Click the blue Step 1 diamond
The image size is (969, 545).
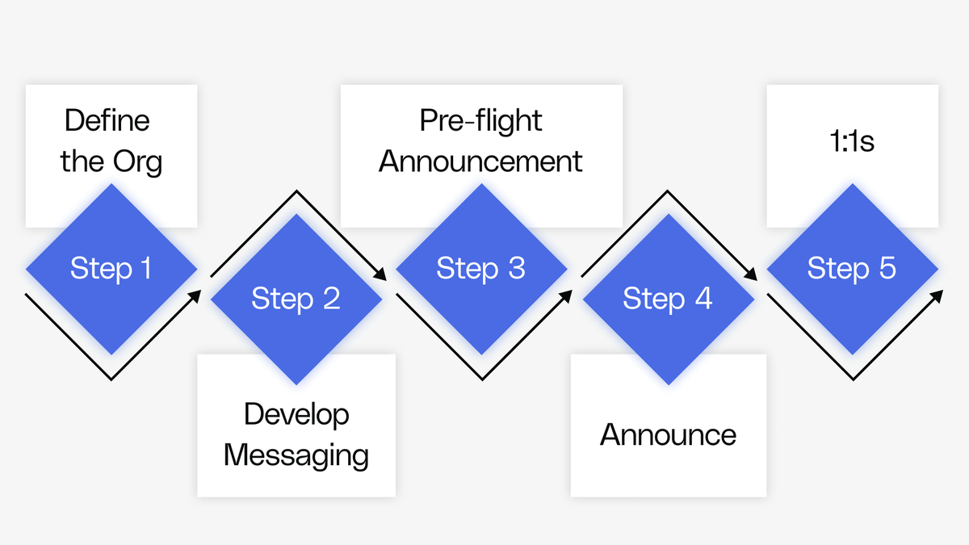pyautogui.click(x=111, y=269)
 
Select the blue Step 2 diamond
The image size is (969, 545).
pyautogui.click(x=296, y=300)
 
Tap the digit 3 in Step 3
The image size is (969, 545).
pyautogui.click(x=516, y=269)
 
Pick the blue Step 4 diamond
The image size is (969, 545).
pyautogui.click(x=668, y=300)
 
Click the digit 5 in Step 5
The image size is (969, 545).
pyautogui.click(x=887, y=269)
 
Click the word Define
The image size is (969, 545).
pyautogui.click(x=107, y=121)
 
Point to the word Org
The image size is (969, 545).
pyautogui.click(x=137, y=162)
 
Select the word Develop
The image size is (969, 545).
pyautogui.click(x=296, y=414)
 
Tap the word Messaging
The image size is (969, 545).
pyautogui.click(x=296, y=455)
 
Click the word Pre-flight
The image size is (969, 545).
pyautogui.click(x=480, y=121)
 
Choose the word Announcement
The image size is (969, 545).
pyautogui.click(x=480, y=161)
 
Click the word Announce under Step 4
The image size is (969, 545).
pyautogui.click(x=668, y=435)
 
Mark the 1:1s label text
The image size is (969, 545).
pyautogui.click(x=851, y=141)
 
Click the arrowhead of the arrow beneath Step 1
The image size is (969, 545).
pyautogui.click(x=195, y=295)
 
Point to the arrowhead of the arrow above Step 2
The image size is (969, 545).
pyautogui.click(x=381, y=276)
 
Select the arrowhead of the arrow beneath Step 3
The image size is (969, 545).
pyautogui.click(x=566, y=295)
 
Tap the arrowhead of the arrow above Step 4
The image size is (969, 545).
pyautogui.click(x=752, y=276)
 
